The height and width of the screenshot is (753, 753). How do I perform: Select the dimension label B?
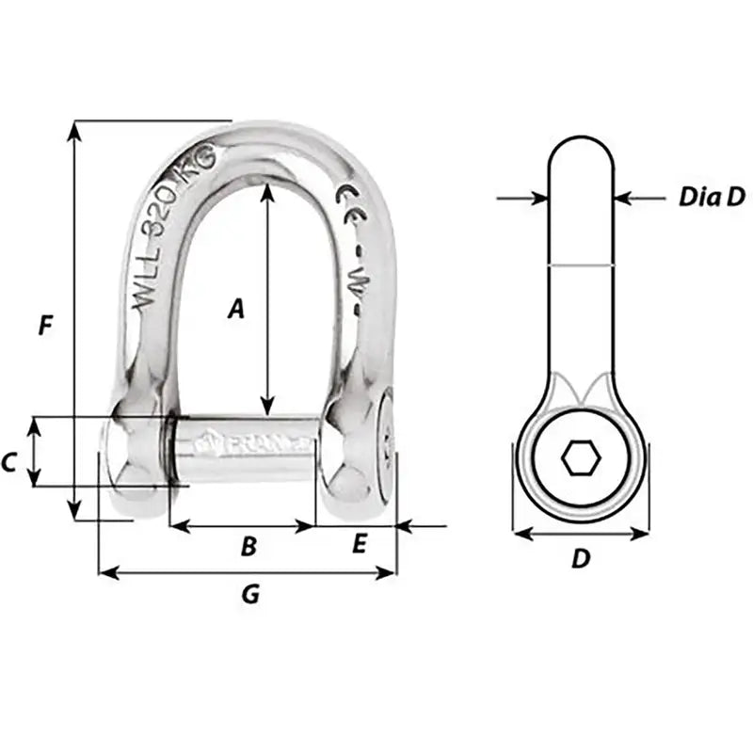coord(248,546)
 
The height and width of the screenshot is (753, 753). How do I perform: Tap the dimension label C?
coord(9,462)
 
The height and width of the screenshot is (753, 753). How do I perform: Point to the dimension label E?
coord(359,545)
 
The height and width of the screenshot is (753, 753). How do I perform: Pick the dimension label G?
coord(250,595)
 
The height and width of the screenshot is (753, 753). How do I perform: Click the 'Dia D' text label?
coord(712,197)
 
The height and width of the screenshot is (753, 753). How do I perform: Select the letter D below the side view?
coord(581,559)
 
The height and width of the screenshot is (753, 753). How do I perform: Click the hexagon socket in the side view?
coord(580,459)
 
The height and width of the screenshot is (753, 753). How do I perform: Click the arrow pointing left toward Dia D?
coord(626,198)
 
